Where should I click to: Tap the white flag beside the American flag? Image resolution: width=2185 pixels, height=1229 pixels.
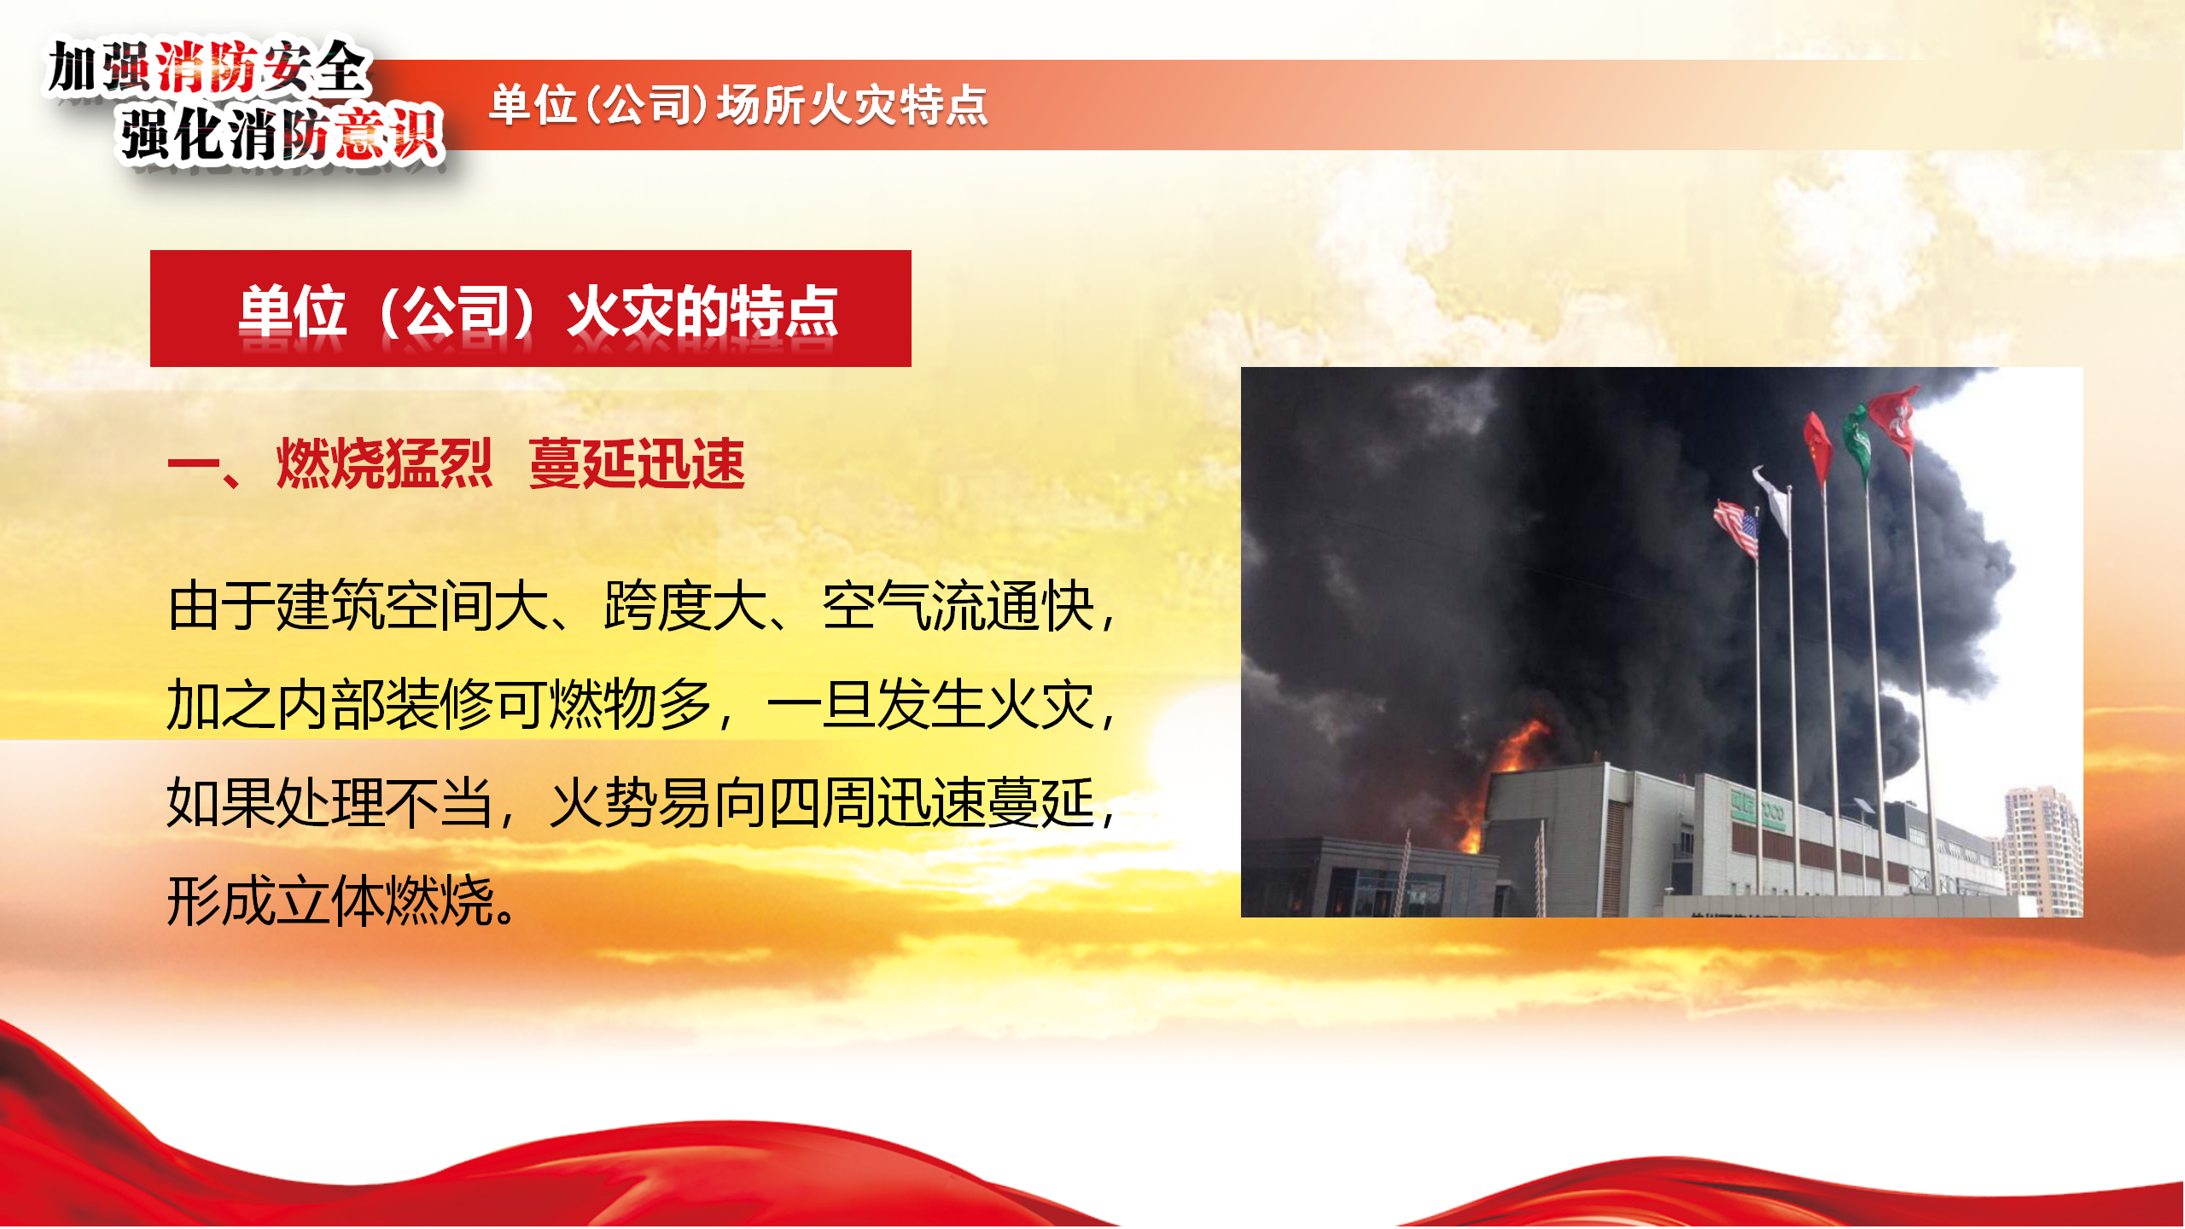1773,499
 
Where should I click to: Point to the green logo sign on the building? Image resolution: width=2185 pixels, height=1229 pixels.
1757,810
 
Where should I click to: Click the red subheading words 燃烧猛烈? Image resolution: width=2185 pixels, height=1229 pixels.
384,463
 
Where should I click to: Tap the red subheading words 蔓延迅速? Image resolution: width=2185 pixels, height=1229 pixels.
637,463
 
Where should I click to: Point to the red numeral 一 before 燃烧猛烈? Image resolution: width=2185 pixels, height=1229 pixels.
194,464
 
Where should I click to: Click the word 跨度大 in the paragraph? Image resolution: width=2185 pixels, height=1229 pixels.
685,606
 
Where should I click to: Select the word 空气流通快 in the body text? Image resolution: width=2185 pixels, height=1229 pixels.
958,606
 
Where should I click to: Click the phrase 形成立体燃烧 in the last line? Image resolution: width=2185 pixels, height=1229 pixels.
331,901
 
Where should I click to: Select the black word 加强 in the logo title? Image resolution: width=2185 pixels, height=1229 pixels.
100,67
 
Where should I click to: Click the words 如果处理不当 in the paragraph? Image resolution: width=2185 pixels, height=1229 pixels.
329,803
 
